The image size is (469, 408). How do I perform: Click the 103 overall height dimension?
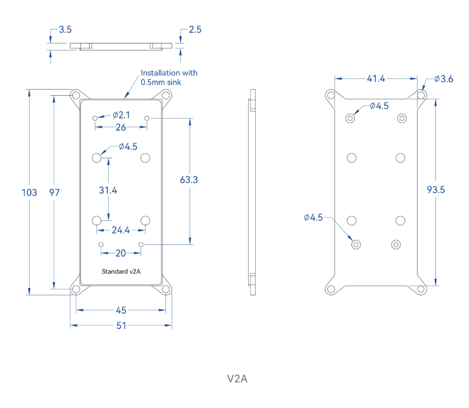pos(30,192)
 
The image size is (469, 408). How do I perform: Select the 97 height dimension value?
pos(54,192)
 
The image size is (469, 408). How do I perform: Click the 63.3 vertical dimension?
pos(189,180)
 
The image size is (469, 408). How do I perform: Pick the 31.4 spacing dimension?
pos(108,190)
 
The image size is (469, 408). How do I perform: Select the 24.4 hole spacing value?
pos(121,230)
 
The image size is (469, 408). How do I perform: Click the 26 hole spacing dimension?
pos(121,127)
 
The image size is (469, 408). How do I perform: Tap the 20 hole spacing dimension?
pos(121,253)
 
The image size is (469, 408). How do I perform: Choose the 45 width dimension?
pos(121,310)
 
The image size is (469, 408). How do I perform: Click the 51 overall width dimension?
pos(121,326)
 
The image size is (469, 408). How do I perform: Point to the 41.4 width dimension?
pos(376,79)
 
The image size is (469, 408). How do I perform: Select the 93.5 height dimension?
pos(436,189)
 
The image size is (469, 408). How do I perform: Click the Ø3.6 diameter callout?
pos(444,79)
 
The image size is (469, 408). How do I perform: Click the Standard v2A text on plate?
pos(121,271)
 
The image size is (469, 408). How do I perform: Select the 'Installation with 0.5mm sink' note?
pos(169,77)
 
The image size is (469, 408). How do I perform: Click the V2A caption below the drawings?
pos(237,379)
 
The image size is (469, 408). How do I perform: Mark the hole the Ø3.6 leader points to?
pos(421,95)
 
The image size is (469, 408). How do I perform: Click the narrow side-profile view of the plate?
pos(252,192)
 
